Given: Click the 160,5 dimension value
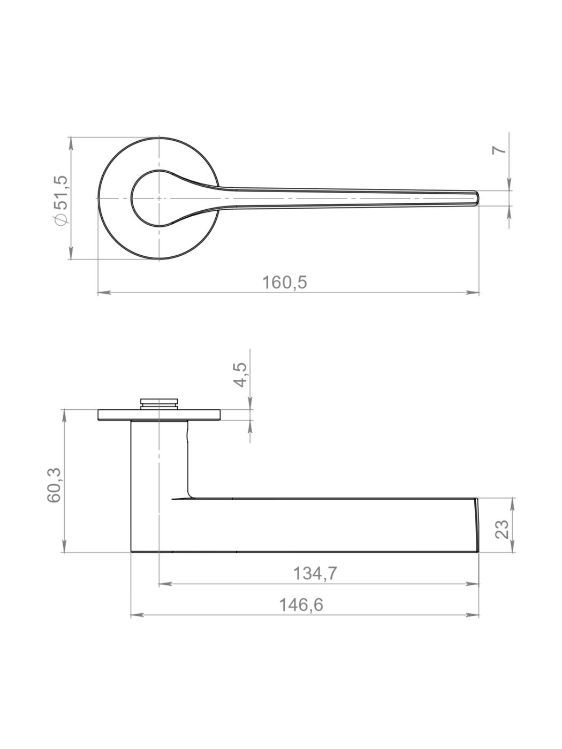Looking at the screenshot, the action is tap(285, 282).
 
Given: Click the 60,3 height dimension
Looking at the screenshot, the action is tap(54, 485).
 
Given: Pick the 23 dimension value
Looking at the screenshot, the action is tap(502, 529).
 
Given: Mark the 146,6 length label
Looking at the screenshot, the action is tap(301, 605).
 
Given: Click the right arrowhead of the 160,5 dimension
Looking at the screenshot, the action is tap(473, 293).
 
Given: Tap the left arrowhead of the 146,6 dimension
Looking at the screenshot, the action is tap(137, 615).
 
